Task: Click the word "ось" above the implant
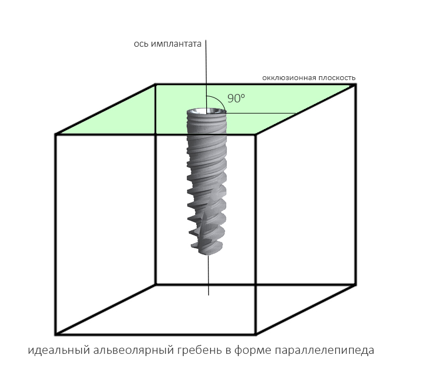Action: pos(141,44)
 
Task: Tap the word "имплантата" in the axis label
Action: pos(176,44)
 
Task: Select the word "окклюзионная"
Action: pos(289,78)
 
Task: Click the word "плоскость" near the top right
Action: pos(337,78)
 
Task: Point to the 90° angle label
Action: pos(236,98)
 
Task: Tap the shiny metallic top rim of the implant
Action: pos(207,111)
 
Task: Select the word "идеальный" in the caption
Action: pos(59,350)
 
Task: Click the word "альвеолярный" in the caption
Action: pos(133,350)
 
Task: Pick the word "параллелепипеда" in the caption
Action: pos(324,350)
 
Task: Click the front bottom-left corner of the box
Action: pos(56,335)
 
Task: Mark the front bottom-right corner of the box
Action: pos(256,334)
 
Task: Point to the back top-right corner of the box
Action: pos(356,85)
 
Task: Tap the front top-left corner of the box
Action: pos(56,134)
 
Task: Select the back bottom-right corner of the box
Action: pos(356,284)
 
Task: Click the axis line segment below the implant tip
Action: pos(208,275)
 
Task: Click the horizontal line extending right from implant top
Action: pos(261,113)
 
